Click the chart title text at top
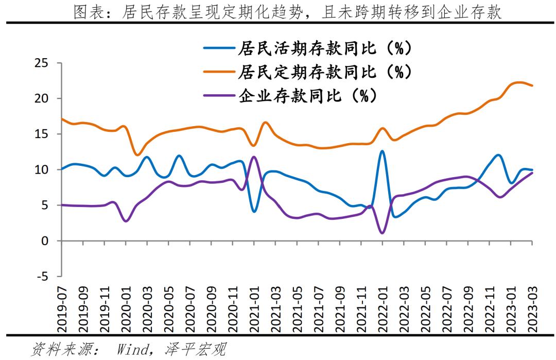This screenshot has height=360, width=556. (287, 11)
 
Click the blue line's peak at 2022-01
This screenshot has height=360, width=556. (381, 151)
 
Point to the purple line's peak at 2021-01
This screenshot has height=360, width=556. (253, 157)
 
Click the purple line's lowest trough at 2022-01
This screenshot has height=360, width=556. (382, 233)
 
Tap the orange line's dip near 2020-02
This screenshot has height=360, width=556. (137, 155)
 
